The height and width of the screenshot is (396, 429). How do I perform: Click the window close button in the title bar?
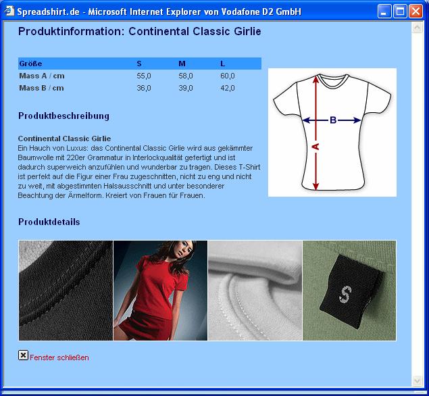[415, 11]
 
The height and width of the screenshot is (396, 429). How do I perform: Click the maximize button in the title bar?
[400, 11]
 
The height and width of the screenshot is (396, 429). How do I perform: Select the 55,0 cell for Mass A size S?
[144, 76]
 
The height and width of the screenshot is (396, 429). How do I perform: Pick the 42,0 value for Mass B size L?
[228, 88]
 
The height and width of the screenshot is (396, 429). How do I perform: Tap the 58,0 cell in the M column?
[186, 76]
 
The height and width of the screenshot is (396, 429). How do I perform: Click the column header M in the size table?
[182, 64]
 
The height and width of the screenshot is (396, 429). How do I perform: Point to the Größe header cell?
[30, 64]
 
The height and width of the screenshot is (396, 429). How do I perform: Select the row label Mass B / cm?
[41, 88]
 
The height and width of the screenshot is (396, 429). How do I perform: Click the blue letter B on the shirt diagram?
[333, 120]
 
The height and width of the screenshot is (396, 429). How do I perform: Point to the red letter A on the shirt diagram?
[316, 147]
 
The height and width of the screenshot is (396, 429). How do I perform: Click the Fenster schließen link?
[59, 357]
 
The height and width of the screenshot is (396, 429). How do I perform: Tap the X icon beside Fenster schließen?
[23, 355]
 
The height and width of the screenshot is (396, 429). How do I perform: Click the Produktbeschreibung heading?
[64, 116]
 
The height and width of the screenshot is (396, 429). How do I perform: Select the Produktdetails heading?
[49, 222]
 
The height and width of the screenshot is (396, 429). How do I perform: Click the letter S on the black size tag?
[345, 294]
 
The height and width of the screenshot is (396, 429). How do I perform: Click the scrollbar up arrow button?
[418, 27]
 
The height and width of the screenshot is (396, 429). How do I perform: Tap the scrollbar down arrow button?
[418, 380]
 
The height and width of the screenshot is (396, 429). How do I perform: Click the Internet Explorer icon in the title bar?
[9, 11]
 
